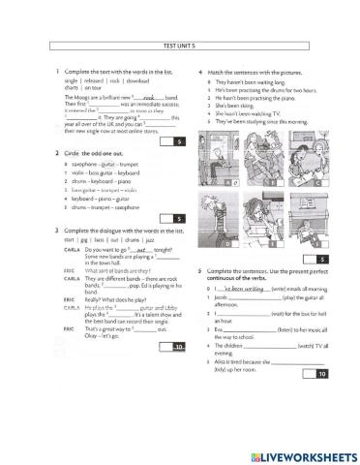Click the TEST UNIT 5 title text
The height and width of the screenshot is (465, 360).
coord(180,46)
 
